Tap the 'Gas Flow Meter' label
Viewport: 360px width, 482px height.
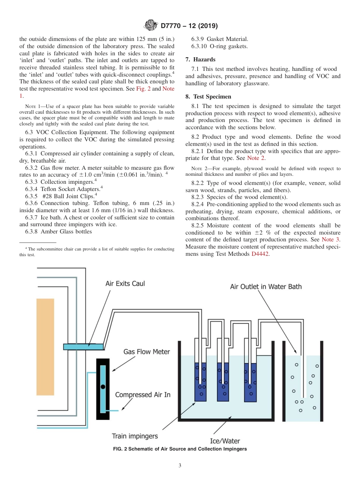pos(147,352)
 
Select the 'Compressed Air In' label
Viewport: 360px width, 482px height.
pos(142,394)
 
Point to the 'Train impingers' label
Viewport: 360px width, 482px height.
pos(135,436)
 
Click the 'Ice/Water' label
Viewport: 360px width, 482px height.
pos(225,441)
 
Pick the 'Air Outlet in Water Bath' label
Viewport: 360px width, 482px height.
pos(266,286)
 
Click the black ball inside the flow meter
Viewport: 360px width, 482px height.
pos(103,387)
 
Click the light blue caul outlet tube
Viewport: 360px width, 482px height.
pos(83,346)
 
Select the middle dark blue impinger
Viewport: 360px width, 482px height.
pos(223,382)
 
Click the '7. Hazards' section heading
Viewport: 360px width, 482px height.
pos(200,59)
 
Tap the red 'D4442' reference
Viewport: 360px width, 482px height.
pos(260,254)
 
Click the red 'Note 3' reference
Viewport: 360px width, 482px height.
pos(330,239)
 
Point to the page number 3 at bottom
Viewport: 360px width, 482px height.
pos(180,465)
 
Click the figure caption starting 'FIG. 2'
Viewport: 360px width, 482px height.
pos(180,449)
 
